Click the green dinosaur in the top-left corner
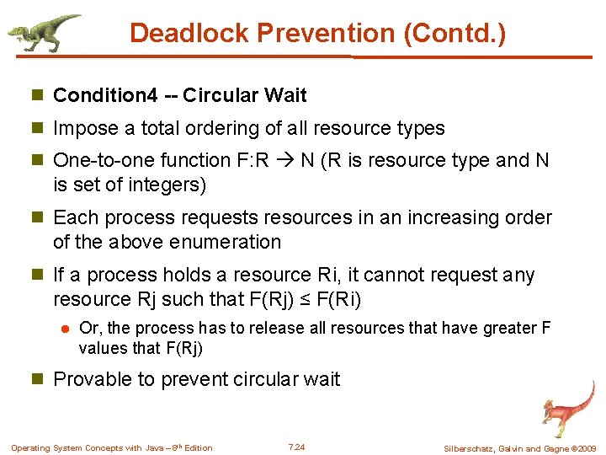[44, 33]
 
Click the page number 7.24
[296, 447]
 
